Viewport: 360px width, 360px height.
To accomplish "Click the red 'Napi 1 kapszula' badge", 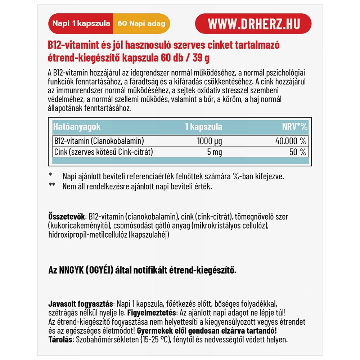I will point(81,24).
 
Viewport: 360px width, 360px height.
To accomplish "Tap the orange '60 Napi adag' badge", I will point(141,24).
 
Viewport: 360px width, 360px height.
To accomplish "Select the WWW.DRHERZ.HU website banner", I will point(253,24).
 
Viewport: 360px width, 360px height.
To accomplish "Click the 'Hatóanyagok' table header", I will point(77,127).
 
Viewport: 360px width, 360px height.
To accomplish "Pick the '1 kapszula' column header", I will point(203,127).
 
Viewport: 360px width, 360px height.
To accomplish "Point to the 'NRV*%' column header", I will point(295,127).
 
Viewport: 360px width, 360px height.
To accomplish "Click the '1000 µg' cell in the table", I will point(210,141).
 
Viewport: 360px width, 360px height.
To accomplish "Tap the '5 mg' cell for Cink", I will point(215,152).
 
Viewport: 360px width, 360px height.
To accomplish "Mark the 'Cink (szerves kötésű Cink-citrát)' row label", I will point(103,152).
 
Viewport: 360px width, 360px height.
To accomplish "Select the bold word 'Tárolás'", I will point(59,339).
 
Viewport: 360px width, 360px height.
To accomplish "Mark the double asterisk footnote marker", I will point(52,186).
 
